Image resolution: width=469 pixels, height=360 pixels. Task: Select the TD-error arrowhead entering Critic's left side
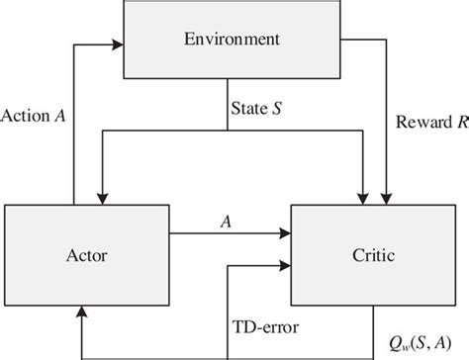point(285,265)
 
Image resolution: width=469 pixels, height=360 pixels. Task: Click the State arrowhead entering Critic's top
point(365,199)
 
